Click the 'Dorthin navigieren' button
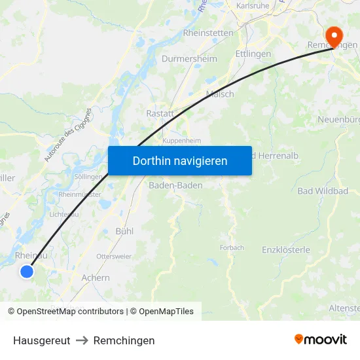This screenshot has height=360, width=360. coord(180,160)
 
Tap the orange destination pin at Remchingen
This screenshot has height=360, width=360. coord(333,35)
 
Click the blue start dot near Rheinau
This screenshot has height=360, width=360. coord(26,271)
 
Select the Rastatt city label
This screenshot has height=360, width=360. coord(160,113)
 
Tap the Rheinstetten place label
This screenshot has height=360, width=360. coord(207,32)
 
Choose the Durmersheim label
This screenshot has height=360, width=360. coord(189,58)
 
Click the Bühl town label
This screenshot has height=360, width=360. coord(124,231)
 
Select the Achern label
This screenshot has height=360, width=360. coord(96,278)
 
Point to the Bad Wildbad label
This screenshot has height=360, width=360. coord(323,190)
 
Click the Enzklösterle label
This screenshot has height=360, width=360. coord(286,249)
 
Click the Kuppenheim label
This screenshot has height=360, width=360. coord(182,141)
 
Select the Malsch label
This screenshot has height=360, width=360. coord(220,94)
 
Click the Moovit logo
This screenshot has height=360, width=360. coord(321,340)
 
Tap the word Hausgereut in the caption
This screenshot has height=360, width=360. coord(41,340)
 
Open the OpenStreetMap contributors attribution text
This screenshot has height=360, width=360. coord(65,312)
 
